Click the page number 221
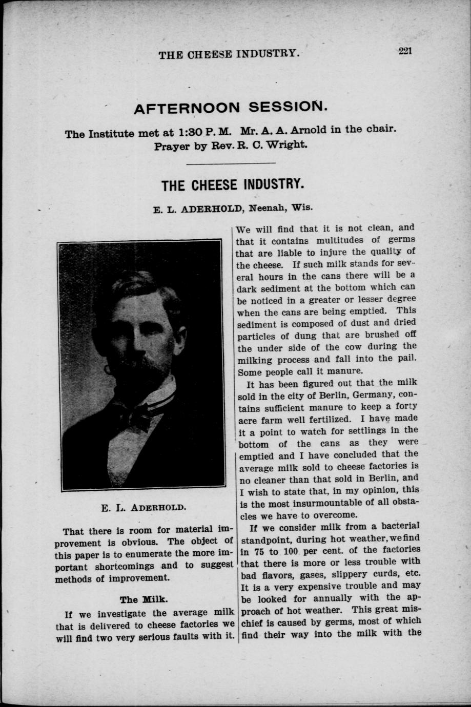click(x=404, y=50)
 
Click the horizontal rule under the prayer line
click(x=231, y=163)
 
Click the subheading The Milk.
click(x=144, y=599)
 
